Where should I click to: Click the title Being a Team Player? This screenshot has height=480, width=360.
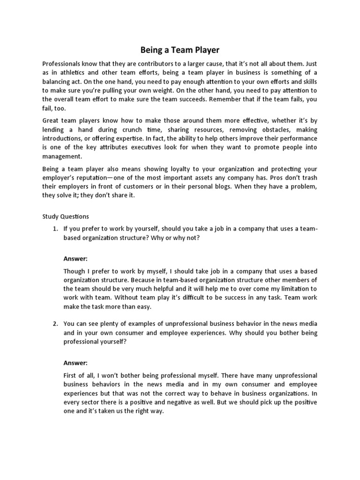[180, 49]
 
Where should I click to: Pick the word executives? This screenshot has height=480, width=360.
[166, 147]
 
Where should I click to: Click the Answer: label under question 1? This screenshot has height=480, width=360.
[75, 258]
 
